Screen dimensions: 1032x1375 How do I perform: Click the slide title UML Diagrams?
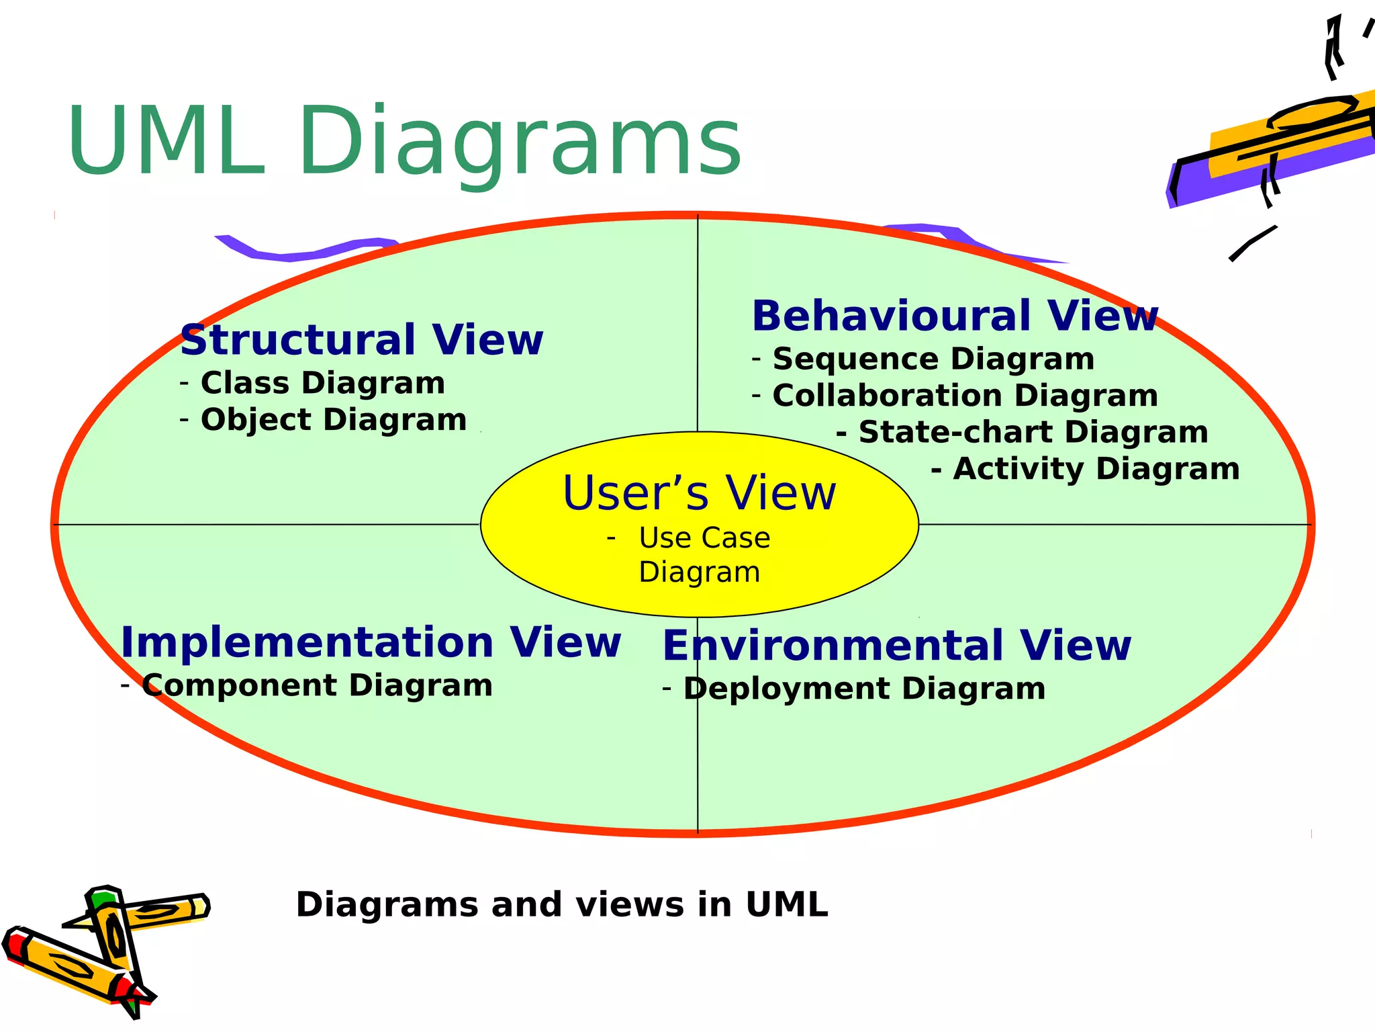pos(404,142)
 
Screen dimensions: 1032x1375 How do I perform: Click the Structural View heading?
pos(361,340)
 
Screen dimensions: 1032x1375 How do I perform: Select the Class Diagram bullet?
pos(322,383)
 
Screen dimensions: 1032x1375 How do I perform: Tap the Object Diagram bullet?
pos(333,420)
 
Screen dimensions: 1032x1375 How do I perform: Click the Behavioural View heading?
pos(954,316)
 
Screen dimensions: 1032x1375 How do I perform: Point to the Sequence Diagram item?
pos(933,359)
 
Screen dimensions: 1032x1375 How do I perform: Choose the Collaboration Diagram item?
pos(965,396)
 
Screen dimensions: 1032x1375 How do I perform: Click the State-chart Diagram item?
pos(1032,432)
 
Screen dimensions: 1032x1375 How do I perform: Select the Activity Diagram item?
pos(1095,469)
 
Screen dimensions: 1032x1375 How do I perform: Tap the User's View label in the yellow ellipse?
pos(699,493)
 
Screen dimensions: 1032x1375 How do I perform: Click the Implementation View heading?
pos(371,642)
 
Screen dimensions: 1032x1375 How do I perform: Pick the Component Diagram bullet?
pos(317,686)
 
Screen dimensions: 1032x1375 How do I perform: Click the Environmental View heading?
pos(896,646)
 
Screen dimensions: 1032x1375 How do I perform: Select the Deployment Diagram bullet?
pos(863,689)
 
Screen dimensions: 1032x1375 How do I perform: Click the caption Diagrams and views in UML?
pos(561,904)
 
